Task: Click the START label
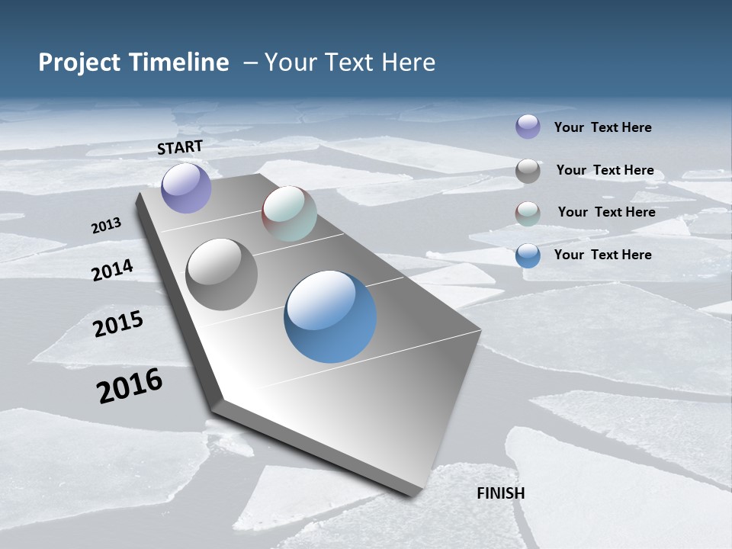180,147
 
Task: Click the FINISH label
501,493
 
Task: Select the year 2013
106,226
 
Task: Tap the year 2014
112,271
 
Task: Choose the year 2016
130,386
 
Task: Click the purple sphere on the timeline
186,188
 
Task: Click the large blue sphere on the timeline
330,316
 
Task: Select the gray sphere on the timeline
222,274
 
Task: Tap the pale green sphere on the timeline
289,213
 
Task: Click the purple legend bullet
528,127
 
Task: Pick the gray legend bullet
528,170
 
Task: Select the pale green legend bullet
528,213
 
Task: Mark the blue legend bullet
528,255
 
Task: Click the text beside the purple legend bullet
602,127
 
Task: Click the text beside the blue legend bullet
602,255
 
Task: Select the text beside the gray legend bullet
605,170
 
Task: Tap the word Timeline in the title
181,63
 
